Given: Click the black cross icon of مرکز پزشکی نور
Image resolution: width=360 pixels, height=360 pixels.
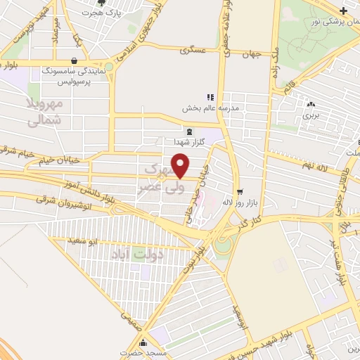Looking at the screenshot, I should coord(342,11).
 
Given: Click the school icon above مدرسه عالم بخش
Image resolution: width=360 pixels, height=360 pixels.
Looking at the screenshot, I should coord(209,97).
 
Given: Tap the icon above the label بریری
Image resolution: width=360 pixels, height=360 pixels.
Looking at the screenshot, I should coord(310,103).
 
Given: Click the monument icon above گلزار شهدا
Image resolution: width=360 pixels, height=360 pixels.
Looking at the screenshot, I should coord(188,131).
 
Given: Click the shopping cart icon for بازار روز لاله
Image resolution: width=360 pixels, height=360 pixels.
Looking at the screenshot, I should coord(240,191).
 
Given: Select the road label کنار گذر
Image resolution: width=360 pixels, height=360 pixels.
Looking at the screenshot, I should coord(270,220).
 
